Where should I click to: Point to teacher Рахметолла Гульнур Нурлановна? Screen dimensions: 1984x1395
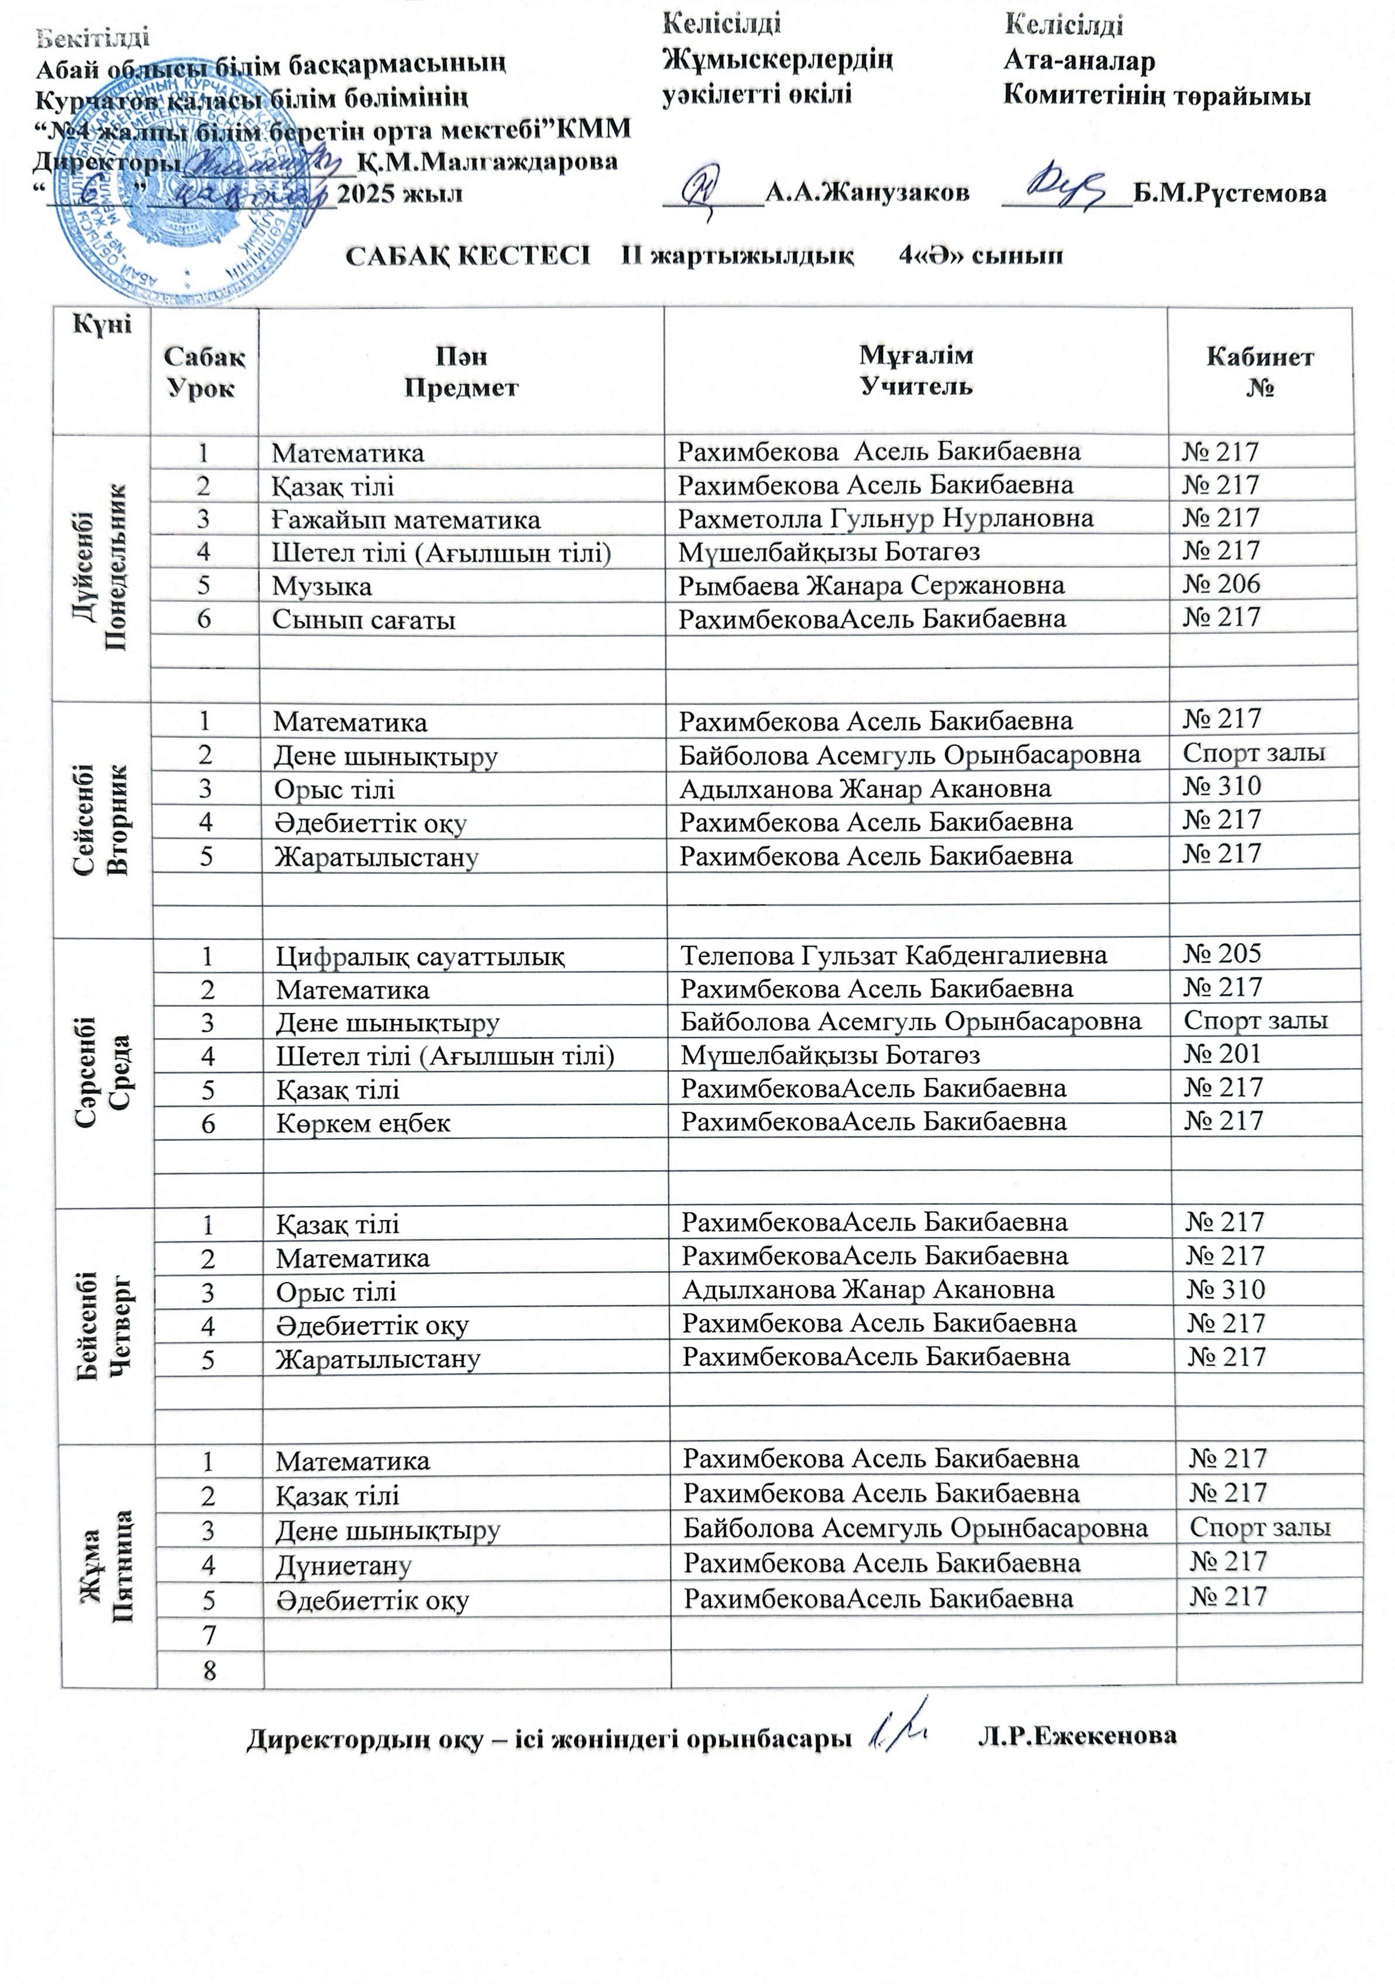[x=885, y=519]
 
